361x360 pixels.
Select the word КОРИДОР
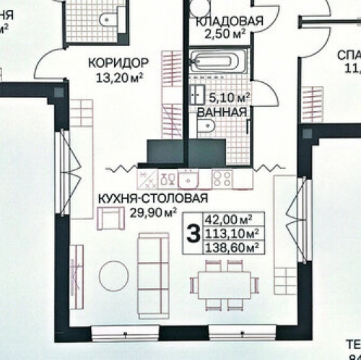(118, 62)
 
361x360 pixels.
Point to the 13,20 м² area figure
(120, 75)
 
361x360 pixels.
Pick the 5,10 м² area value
(230, 97)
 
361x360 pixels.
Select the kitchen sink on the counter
(189, 177)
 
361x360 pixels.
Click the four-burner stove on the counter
(222, 177)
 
